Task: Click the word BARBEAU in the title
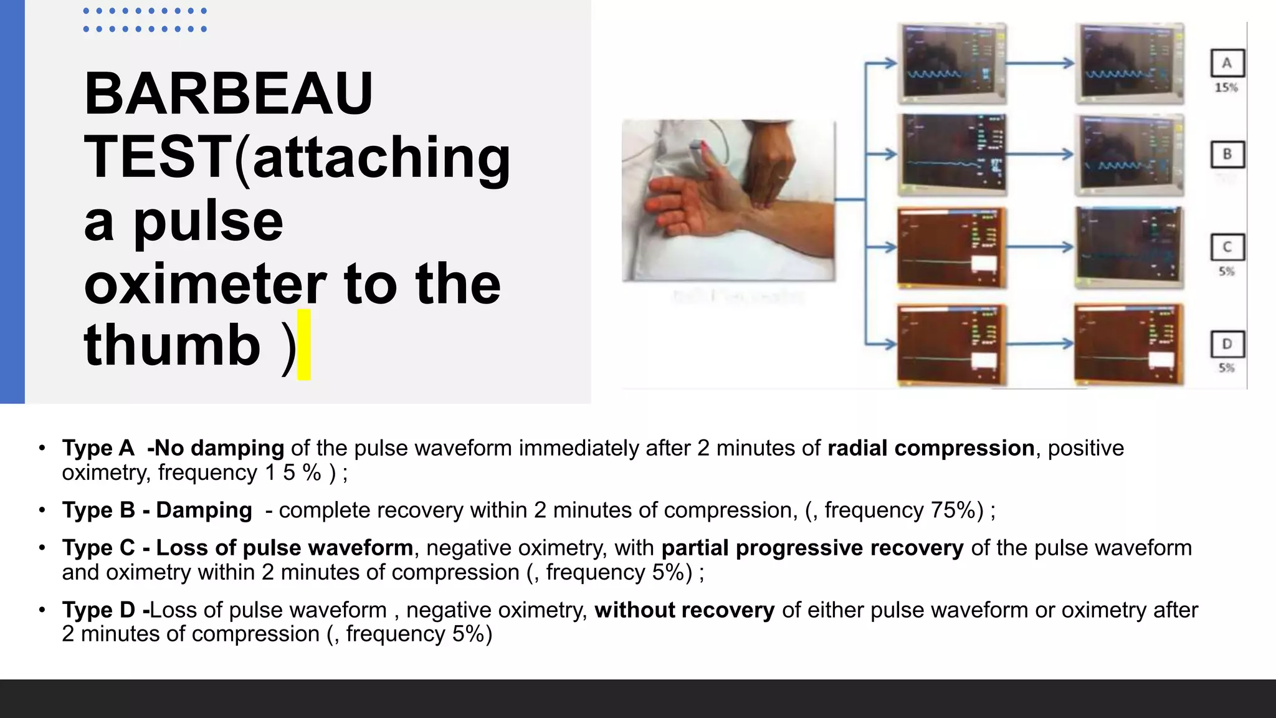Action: coord(228,94)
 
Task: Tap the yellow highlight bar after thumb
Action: coord(304,345)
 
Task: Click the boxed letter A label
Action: coord(1227,63)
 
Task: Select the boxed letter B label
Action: coord(1227,154)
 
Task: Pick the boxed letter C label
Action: coord(1227,247)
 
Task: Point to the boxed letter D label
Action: coord(1227,343)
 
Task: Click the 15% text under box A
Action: coord(1226,88)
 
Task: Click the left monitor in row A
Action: coord(952,64)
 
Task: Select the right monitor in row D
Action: coord(1129,344)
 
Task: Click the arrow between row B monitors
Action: coord(1040,154)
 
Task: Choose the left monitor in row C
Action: coord(952,248)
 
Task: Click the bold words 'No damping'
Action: coord(219,448)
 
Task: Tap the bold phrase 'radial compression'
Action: coord(931,448)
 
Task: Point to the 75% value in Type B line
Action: coord(953,510)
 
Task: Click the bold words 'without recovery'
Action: coord(684,610)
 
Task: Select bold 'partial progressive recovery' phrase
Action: coord(812,548)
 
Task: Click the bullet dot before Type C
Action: coord(42,548)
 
